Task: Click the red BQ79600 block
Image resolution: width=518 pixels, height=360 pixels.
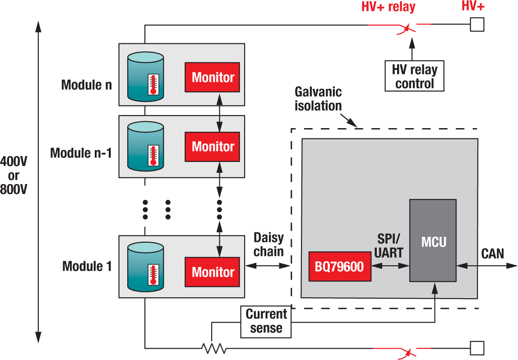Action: pos(340,267)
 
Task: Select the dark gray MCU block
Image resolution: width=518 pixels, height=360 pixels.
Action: pos(433,240)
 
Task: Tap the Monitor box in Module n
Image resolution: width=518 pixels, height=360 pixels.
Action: pos(213,77)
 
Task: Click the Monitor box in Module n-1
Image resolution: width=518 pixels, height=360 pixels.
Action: pos(213,147)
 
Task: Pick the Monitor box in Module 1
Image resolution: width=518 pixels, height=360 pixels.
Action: pos(213,272)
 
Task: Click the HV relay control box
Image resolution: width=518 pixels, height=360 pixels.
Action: pos(414,76)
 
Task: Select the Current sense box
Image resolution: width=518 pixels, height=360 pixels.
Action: pos(266,321)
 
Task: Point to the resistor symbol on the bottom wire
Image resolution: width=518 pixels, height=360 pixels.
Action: pos(214,348)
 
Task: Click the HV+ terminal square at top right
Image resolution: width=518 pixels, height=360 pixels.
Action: pos(477,24)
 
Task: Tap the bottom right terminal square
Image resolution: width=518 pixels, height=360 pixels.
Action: pos(477,348)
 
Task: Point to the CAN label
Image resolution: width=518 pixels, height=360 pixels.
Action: pos(492,254)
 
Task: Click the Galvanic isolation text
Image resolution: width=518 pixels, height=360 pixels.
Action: pos(318,99)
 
